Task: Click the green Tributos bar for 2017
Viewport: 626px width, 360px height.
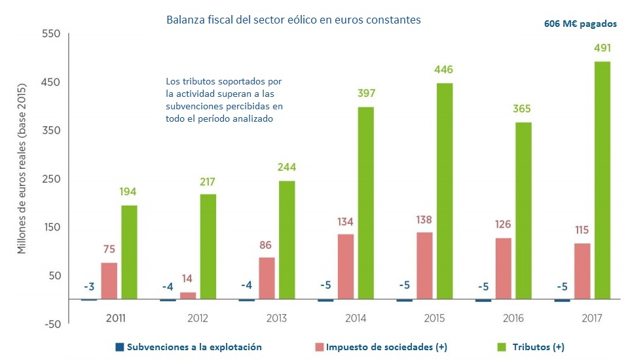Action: pyautogui.click(x=602, y=180)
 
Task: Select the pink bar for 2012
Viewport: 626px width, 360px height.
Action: pyautogui.click(x=188, y=295)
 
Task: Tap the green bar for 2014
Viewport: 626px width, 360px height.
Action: pyautogui.click(x=365, y=202)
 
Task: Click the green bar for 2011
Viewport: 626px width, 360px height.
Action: pyautogui.click(x=129, y=252)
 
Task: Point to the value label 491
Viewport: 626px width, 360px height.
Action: pyautogui.click(x=602, y=48)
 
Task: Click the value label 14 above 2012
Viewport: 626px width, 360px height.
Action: pyautogui.click(x=188, y=277)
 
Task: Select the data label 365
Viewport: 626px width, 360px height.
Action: pyautogui.click(x=523, y=109)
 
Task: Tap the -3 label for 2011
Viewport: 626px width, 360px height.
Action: pyautogui.click(x=89, y=287)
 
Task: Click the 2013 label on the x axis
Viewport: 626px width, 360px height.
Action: pyautogui.click(x=276, y=318)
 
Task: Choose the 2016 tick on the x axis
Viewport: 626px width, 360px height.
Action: pyautogui.click(x=514, y=318)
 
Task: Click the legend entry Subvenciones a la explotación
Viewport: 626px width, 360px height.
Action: pyautogui.click(x=188, y=347)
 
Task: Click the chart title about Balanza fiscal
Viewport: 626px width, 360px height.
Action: pyautogui.click(x=293, y=20)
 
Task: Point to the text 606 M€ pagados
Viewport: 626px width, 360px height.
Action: pyautogui.click(x=580, y=24)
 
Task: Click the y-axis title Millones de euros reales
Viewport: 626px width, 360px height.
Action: pyautogui.click(x=21, y=169)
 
